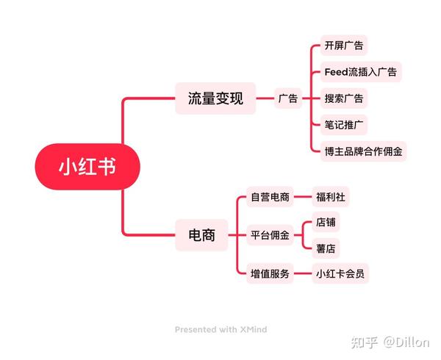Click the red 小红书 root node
point(87,166)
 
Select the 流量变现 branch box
point(215,98)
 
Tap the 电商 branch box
point(201,235)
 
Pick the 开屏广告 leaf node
point(344,46)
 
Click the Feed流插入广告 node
point(361,72)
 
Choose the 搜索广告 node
point(344,98)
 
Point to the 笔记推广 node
point(344,125)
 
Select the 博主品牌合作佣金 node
point(363,151)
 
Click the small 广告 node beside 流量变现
point(288,98)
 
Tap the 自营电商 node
point(270,197)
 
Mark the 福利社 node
point(331,197)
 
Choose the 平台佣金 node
point(270,235)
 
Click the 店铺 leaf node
point(326,222)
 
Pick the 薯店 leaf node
point(326,248)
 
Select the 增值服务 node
point(270,273)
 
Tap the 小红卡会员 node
point(340,273)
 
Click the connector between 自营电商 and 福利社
point(303,197)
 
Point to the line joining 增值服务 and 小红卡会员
point(303,273)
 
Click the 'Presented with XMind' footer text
point(220,329)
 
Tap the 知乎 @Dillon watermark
point(390,342)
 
